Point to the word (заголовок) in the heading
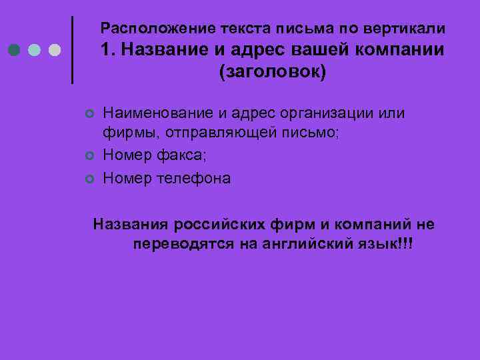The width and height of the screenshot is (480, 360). pos(273,71)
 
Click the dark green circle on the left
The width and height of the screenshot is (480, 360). pos(15,50)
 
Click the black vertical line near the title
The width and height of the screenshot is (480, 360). pos(72,49)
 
